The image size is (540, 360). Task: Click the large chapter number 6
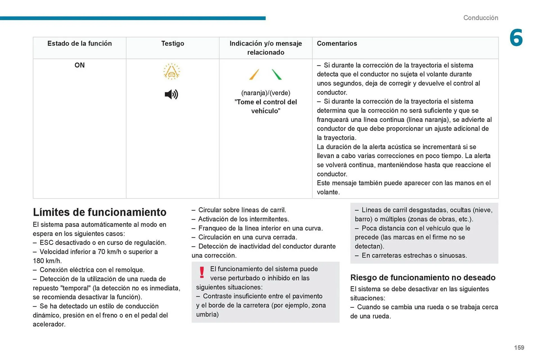516,38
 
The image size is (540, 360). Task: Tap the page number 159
519,348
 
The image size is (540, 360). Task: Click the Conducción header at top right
480,18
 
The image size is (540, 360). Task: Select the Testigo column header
172,43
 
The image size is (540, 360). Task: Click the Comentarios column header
337,43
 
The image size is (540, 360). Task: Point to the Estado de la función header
80,43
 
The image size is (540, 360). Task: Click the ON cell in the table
80,65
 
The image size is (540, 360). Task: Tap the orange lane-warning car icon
171,72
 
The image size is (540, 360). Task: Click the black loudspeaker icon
171,94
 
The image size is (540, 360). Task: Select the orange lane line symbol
254,75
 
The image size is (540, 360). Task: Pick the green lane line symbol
276,75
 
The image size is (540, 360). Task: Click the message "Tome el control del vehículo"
265,107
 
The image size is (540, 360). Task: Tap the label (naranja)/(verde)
265,93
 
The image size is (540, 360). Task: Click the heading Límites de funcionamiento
100,212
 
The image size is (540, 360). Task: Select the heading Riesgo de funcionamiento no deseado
423,278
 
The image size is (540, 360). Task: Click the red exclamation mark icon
202,272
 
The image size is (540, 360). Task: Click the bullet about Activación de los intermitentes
243,219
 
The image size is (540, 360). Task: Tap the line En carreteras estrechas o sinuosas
414,255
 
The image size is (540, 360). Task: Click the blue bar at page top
132,18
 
